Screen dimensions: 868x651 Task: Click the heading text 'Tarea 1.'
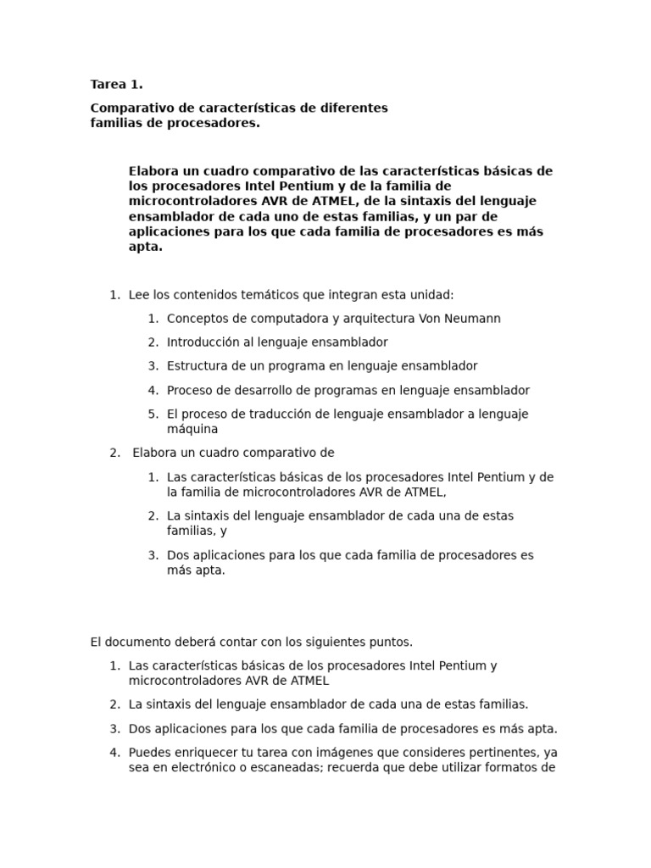pos(116,84)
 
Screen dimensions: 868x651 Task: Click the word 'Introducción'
pos(202,342)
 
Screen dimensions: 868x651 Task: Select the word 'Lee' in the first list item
pos(139,295)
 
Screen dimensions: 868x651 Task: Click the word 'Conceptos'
pos(197,319)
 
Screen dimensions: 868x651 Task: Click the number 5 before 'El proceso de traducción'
pos(152,414)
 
